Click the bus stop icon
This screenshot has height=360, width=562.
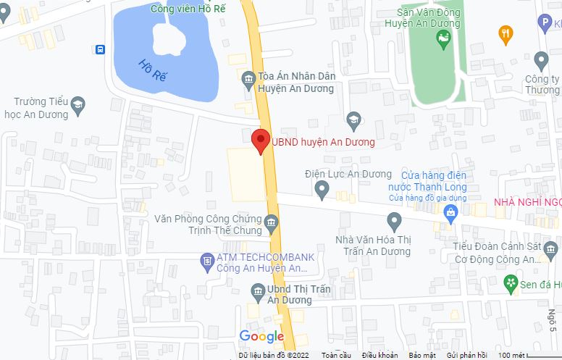[98, 49]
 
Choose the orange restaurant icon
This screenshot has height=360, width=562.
[506, 32]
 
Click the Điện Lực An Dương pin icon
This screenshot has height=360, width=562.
[322, 190]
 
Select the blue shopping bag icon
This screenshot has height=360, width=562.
[451, 212]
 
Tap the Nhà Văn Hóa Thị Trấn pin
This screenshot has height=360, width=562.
[394, 219]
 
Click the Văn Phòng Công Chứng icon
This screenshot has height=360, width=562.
[272, 220]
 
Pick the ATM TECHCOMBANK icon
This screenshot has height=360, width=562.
[206, 259]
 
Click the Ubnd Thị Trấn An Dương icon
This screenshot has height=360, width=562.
[258, 291]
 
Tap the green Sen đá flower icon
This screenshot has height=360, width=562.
[511, 282]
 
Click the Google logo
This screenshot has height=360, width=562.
[261, 336]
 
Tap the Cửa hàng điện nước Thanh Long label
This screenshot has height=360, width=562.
[424, 181]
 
